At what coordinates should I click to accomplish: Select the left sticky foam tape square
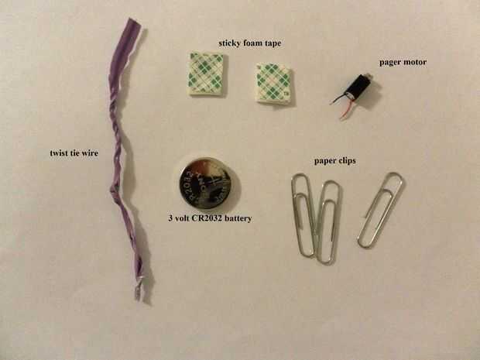point(207,74)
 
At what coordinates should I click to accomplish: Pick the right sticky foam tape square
point(273,84)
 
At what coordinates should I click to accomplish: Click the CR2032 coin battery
point(205,183)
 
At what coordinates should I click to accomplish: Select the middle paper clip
point(327,222)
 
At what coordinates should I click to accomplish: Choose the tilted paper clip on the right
point(380,210)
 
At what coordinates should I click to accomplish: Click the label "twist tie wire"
point(74,153)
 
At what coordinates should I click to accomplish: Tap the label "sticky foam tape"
point(250,43)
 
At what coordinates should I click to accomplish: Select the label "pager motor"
point(403,63)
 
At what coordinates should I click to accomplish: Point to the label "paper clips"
point(335,161)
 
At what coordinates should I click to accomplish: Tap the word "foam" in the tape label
point(250,43)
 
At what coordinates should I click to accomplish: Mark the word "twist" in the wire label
point(59,153)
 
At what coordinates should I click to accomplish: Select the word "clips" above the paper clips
point(346,161)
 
